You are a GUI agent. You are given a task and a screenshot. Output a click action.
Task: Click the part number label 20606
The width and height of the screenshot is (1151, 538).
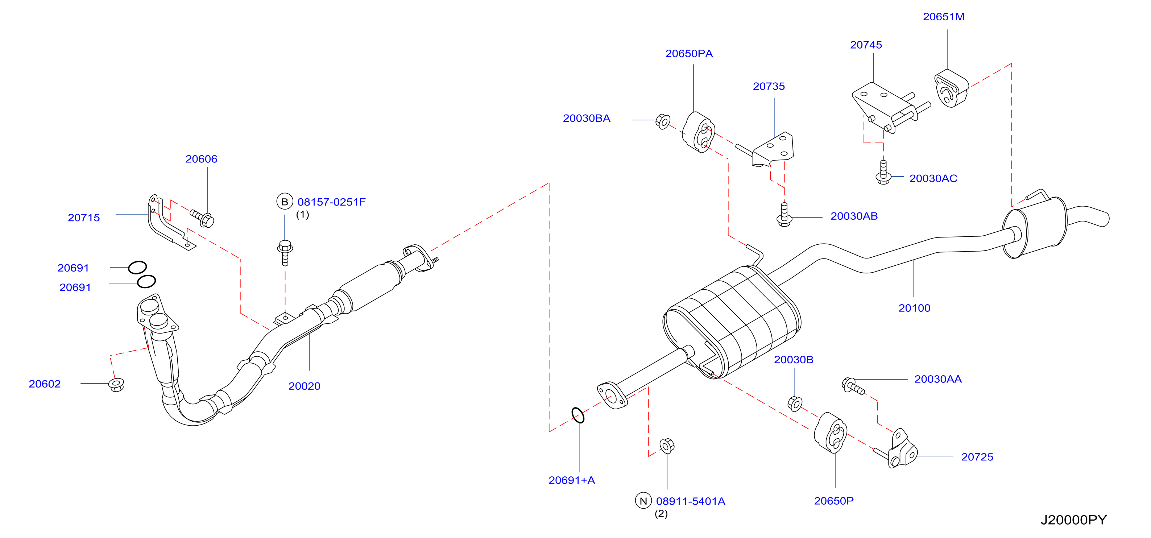pos(201,159)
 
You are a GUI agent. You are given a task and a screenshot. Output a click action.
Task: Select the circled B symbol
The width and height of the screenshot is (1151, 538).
pos(285,202)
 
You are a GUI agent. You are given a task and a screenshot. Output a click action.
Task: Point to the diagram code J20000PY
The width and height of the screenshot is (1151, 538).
pos(1073,520)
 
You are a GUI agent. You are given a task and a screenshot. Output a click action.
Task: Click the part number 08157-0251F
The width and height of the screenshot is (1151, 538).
pos(332,202)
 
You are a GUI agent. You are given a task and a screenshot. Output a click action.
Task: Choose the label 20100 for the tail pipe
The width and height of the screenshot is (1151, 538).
pos(914,308)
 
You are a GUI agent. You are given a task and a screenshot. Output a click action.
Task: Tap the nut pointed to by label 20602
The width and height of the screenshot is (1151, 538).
pos(117,384)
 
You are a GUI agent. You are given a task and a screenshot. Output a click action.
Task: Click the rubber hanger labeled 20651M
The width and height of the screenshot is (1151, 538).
pos(951,88)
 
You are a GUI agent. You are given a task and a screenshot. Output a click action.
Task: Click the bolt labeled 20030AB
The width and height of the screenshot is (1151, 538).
pos(784,215)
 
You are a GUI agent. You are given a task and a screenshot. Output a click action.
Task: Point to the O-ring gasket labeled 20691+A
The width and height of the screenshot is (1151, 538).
pos(578,415)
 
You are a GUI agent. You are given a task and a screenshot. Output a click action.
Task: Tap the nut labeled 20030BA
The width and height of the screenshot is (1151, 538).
pos(663,121)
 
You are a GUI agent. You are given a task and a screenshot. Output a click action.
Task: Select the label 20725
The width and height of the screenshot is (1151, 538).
pos(977,457)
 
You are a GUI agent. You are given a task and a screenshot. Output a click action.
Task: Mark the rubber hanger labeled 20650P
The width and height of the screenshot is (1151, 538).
pos(830,433)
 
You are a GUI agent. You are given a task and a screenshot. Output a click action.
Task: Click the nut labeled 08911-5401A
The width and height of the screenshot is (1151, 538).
pos(667,446)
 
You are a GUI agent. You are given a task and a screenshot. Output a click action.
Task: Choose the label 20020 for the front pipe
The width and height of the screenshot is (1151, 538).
pos(304,386)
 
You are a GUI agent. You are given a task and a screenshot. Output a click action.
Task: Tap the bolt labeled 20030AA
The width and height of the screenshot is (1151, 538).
pos(853,386)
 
